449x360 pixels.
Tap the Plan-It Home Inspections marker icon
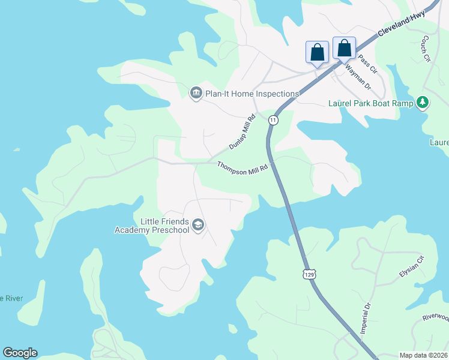[x=196, y=94]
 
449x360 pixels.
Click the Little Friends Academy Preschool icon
[x=198, y=226]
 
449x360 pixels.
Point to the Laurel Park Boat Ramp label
[x=371, y=103]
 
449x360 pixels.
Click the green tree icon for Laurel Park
[x=423, y=103]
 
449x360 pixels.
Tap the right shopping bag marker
[x=345, y=48]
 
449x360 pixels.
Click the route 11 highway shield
[x=273, y=120]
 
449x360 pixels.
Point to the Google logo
[x=20, y=353]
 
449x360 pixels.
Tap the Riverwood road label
[x=435, y=317]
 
